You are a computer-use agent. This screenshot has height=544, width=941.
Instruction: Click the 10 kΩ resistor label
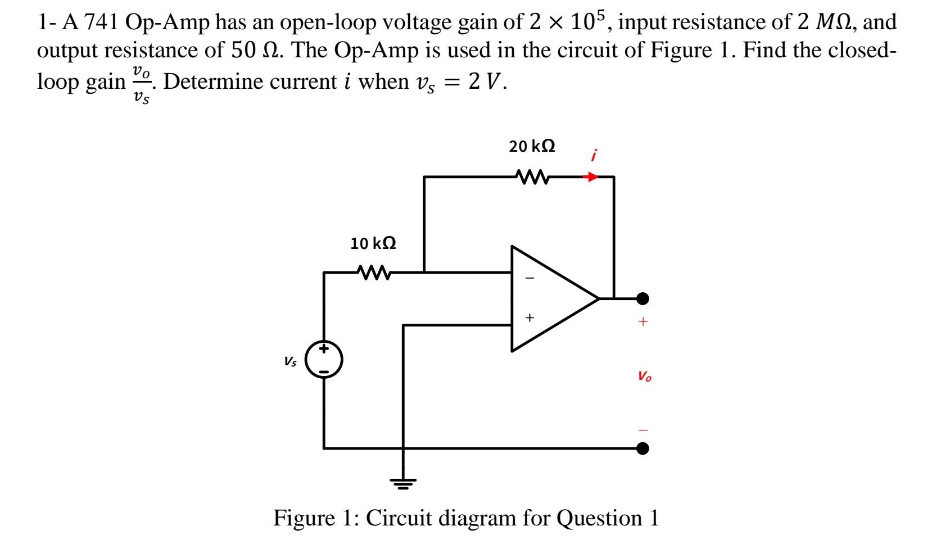(x=373, y=243)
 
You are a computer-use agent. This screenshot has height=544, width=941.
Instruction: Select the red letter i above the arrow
(x=594, y=155)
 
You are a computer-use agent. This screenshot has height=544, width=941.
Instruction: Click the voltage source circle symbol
(x=324, y=359)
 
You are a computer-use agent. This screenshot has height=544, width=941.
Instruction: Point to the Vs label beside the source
(x=291, y=362)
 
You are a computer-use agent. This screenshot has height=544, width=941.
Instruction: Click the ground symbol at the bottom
(x=402, y=482)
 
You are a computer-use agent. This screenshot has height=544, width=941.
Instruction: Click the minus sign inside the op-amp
(x=529, y=278)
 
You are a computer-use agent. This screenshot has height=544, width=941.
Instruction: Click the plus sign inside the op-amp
(x=529, y=318)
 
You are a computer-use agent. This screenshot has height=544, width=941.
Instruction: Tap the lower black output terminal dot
(x=643, y=448)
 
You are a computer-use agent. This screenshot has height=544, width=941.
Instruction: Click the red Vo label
(x=644, y=376)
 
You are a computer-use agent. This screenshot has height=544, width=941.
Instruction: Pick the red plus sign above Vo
(x=643, y=322)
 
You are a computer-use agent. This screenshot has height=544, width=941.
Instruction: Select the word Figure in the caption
(x=301, y=518)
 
